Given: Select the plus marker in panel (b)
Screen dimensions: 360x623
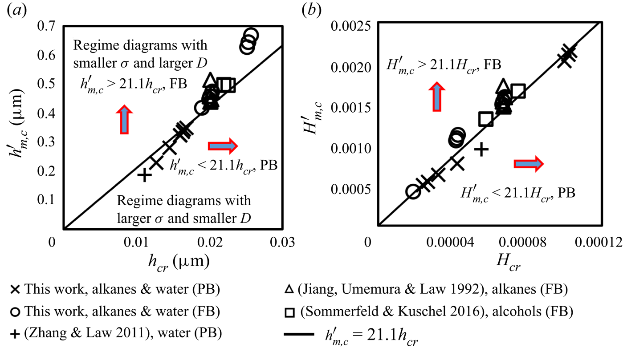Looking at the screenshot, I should coord(481,149).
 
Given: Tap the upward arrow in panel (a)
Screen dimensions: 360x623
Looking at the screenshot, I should coord(125,119).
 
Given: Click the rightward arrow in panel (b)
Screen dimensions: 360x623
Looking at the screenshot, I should coord(529,164).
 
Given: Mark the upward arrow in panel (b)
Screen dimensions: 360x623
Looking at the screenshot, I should coord(437,96).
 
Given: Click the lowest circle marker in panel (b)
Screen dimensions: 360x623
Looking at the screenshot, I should coord(413,192).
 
